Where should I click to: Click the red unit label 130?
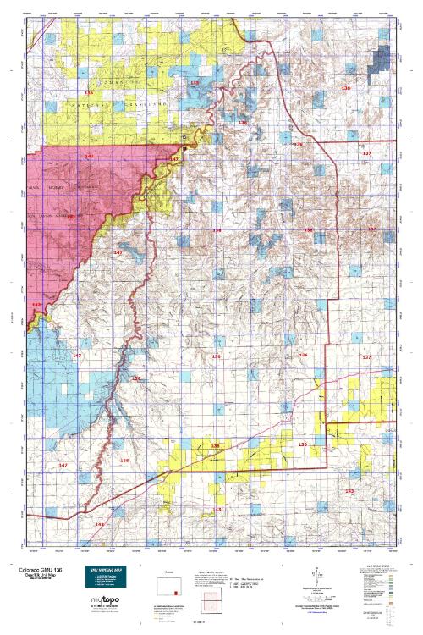(x=344, y=88)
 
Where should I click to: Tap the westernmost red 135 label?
(x=89, y=91)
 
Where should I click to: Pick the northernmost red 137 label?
(x=366, y=153)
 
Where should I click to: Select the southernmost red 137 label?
(x=365, y=357)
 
